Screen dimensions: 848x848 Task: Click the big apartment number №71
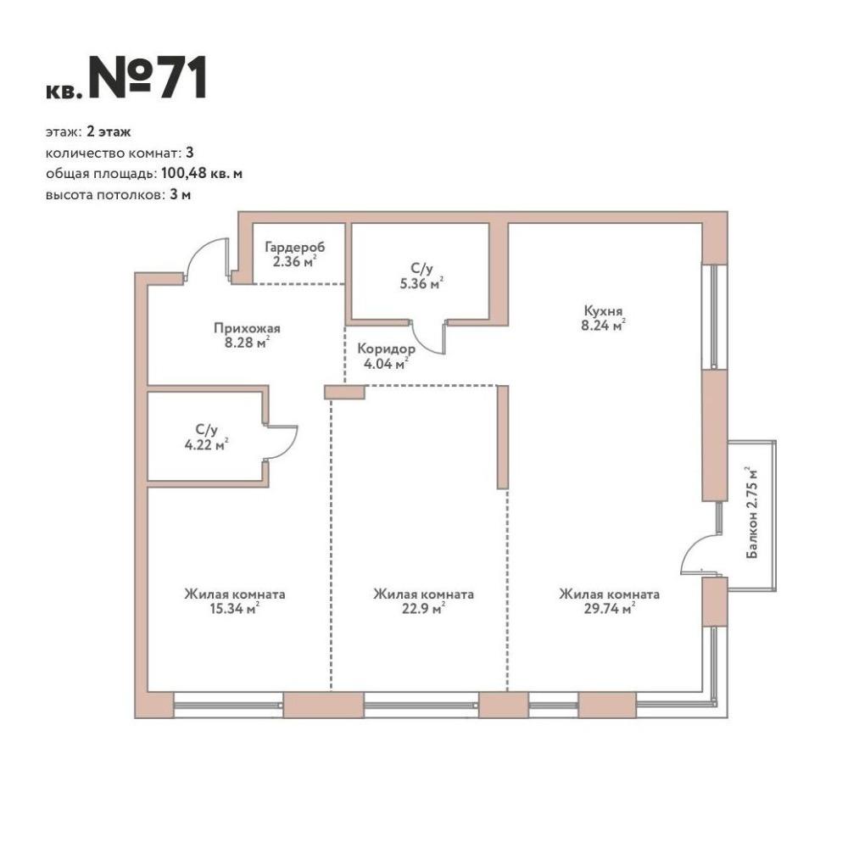pyautogui.click(x=148, y=77)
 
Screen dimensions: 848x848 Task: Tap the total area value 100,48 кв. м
pyautogui.click(x=202, y=174)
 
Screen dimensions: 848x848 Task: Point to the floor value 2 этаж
pyautogui.click(x=109, y=132)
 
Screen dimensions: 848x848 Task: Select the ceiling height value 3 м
pyautogui.click(x=180, y=195)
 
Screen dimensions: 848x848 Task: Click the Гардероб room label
pyautogui.click(x=295, y=248)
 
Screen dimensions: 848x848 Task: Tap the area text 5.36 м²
pyautogui.click(x=421, y=283)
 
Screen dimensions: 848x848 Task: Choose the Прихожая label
pyautogui.click(x=247, y=328)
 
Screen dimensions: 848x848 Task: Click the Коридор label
pyautogui.click(x=386, y=349)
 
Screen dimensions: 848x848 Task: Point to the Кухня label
pyautogui.click(x=603, y=311)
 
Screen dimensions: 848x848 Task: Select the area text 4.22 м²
pyautogui.click(x=206, y=444)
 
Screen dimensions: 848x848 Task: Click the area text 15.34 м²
pyautogui.click(x=234, y=609)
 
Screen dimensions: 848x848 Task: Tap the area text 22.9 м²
pyautogui.click(x=423, y=609)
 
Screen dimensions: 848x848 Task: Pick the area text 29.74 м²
pyautogui.click(x=609, y=609)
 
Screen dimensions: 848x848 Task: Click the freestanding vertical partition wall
pyautogui.click(x=502, y=437)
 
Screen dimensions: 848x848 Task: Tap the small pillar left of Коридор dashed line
pyautogui.click(x=344, y=392)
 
